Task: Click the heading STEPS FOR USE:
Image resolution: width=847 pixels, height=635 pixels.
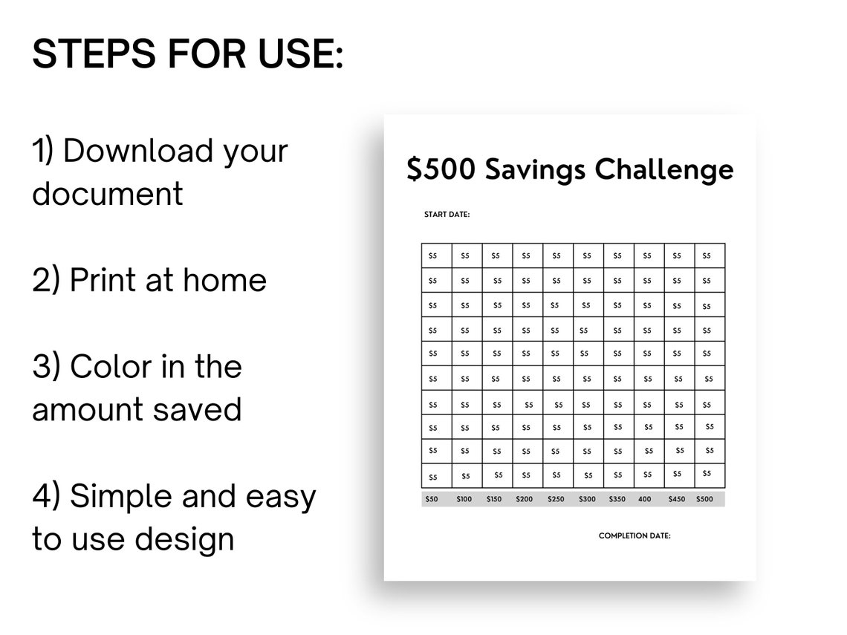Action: [x=187, y=55]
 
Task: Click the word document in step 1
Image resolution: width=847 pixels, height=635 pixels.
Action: [x=107, y=194]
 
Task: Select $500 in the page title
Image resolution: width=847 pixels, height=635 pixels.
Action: [x=441, y=170]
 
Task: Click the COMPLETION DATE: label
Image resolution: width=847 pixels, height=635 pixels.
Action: [x=635, y=535]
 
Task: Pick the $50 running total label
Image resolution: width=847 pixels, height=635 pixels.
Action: [x=432, y=499]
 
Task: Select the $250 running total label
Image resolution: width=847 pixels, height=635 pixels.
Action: [x=556, y=499]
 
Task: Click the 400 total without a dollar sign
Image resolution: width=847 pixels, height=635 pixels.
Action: [x=644, y=499]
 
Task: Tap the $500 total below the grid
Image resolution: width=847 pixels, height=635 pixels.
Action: [x=704, y=499]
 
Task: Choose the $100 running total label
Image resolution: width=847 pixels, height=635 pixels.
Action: [x=464, y=499]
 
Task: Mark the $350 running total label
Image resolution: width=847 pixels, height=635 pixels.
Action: [x=617, y=499]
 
